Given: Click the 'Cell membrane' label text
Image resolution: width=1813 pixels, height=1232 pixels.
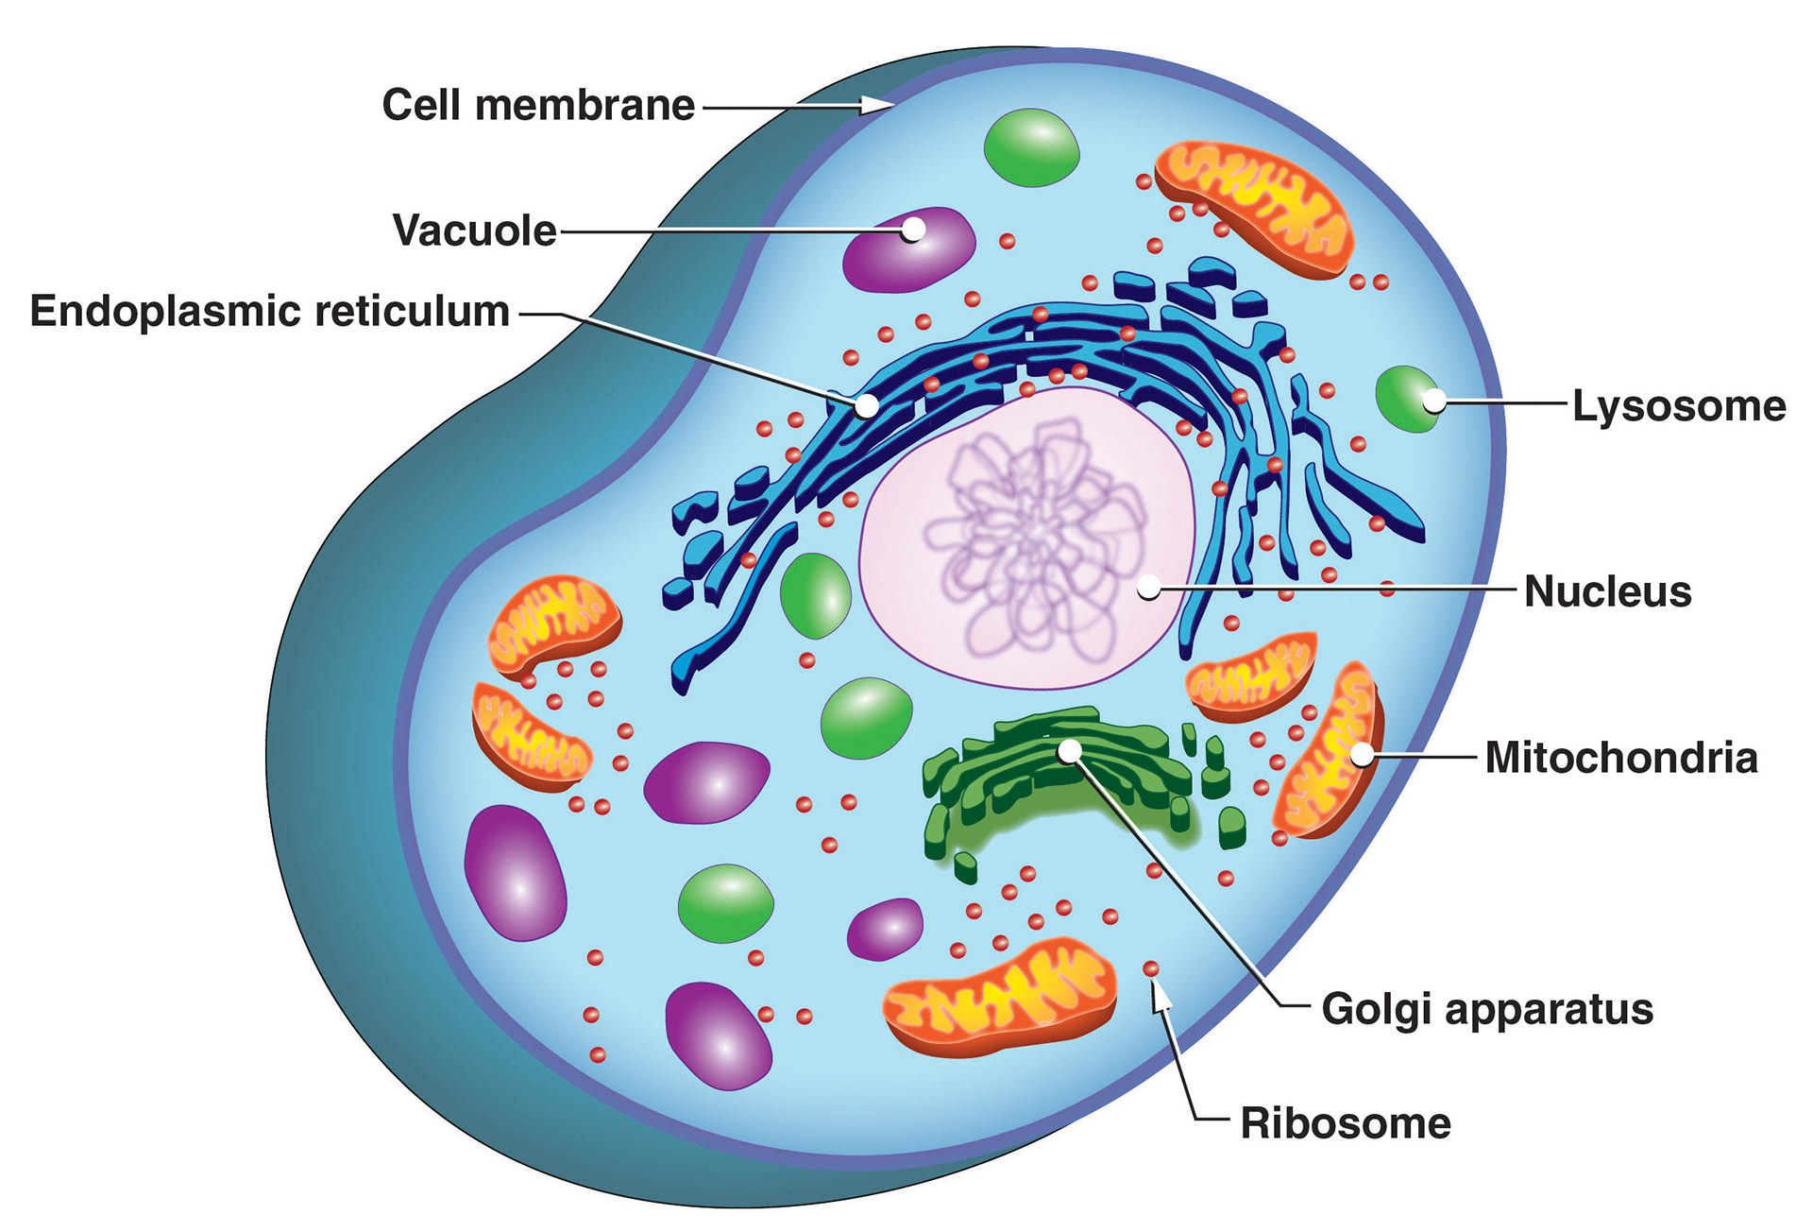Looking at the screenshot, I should pos(537,105).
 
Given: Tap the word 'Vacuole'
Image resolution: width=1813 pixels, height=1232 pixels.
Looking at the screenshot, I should pos(474,231).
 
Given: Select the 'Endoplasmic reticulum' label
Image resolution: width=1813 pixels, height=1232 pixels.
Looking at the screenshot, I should pos(270,312).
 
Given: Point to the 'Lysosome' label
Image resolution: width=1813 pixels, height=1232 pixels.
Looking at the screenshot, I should pos(1679,406).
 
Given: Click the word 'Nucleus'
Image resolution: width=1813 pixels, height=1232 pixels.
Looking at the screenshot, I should pos(1607,591).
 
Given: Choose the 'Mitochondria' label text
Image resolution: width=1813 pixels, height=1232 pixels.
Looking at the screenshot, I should pos(1621,758).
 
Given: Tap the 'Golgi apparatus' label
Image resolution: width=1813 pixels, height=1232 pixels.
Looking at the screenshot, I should pos(1487,1009).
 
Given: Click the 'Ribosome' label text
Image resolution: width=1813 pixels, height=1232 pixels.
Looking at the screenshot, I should pos(1346,1123).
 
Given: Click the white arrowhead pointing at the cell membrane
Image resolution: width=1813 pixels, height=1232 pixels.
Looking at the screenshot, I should pos(878,105).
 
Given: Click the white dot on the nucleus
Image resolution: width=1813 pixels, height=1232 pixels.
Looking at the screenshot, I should pos(1148,588).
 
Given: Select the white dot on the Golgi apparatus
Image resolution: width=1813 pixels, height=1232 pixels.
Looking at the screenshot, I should pos(1069,751).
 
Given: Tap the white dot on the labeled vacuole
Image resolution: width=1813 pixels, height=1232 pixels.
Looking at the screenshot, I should pos(912,230).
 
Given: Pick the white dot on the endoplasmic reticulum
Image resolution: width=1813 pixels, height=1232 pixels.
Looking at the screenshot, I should pos(866,406).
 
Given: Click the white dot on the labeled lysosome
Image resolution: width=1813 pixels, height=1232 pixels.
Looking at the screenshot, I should pos(1433,402).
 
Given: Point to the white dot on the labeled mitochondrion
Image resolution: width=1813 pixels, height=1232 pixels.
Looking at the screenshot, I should pos(1362,754).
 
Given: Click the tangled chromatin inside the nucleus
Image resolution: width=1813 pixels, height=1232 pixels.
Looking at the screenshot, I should pos(1034,539).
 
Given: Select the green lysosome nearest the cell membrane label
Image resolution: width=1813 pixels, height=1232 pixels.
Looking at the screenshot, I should pos(1031,147).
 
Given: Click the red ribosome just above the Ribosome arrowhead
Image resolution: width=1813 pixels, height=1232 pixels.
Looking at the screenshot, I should pos(1151,968).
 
